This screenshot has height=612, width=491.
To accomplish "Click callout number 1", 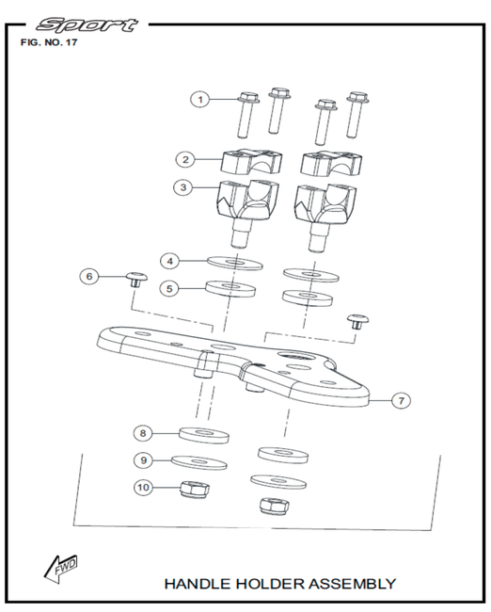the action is pyautogui.click(x=200, y=100).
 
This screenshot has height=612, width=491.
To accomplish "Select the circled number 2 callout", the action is pyautogui.click(x=185, y=159).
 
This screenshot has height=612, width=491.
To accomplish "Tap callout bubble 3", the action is pyautogui.click(x=183, y=187).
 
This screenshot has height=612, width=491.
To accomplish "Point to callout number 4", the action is pyautogui.click(x=169, y=261).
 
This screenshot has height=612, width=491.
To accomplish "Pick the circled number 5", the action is pyautogui.click(x=169, y=289).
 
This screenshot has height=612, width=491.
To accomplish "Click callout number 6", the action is pyautogui.click(x=89, y=276).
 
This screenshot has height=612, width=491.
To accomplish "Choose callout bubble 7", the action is pyautogui.click(x=402, y=400).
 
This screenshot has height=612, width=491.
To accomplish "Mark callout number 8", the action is pyautogui.click(x=143, y=433).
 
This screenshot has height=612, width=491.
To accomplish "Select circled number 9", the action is pyautogui.click(x=144, y=460).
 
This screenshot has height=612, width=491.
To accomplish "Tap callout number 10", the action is pyautogui.click(x=143, y=487).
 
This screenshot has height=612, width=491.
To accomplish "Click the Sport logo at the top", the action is pyautogui.click(x=87, y=25).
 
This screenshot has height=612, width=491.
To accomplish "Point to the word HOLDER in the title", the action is pyautogui.click(x=270, y=584).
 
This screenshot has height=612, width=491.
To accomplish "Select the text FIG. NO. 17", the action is pyautogui.click(x=49, y=42).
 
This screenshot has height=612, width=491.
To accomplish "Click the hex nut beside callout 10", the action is pyautogui.click(x=194, y=491).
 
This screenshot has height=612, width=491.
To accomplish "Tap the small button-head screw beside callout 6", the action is pyautogui.click(x=136, y=280).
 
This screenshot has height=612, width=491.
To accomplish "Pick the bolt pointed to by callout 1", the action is pyautogui.click(x=247, y=114).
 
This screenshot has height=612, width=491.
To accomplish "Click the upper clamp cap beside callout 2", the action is pyautogui.click(x=252, y=161).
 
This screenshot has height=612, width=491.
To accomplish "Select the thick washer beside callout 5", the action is pyautogui.click(x=230, y=288).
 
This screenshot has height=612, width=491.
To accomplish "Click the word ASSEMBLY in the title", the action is pyautogui.click(x=353, y=584).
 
